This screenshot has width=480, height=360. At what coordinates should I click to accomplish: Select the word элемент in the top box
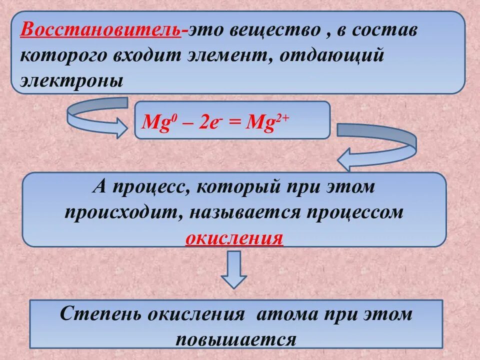228,55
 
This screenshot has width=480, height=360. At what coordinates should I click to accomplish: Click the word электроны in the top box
70,79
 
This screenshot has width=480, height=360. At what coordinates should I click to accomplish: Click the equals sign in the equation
234,122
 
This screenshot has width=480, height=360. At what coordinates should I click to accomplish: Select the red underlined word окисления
234,236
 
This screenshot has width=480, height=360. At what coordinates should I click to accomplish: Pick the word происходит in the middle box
123,212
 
